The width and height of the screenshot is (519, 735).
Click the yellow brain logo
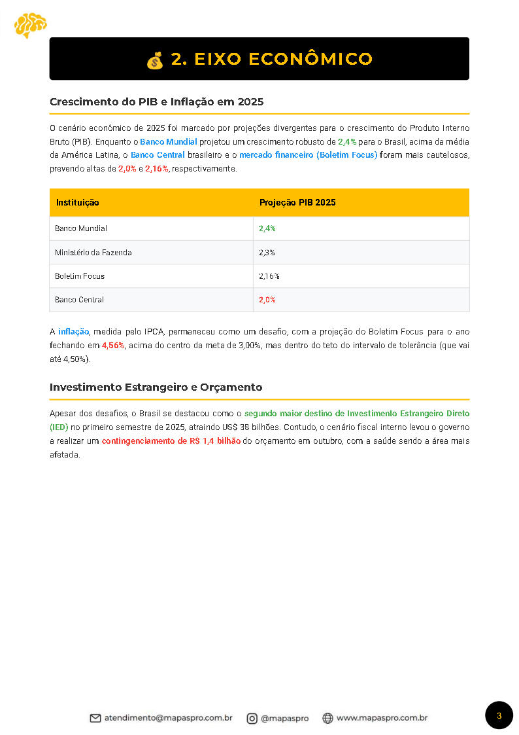click(30, 25)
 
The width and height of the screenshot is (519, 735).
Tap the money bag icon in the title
click(155, 60)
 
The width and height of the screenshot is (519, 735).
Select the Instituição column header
click(77, 203)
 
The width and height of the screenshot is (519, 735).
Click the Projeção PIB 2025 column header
click(297, 203)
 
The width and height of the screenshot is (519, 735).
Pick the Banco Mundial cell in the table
click(81, 228)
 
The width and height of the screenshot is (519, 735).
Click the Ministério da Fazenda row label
click(93, 252)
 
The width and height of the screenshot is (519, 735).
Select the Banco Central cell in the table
click(79, 300)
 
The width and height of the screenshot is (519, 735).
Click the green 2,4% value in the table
click(267, 228)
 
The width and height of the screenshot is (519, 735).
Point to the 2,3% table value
click(267, 252)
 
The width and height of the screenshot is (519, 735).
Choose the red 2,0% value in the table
click(267, 300)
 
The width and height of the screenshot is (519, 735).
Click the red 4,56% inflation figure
click(113, 345)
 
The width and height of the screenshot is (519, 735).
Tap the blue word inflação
click(73, 332)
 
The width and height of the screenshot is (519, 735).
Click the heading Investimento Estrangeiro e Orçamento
click(156, 387)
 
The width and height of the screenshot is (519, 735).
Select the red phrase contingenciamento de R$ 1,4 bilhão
click(171, 441)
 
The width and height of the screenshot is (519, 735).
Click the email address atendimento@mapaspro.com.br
click(168, 718)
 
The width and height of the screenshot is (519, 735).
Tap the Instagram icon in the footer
click(252, 718)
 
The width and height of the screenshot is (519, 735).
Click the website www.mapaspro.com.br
click(382, 718)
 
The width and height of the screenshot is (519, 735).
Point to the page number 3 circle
click(499, 715)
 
